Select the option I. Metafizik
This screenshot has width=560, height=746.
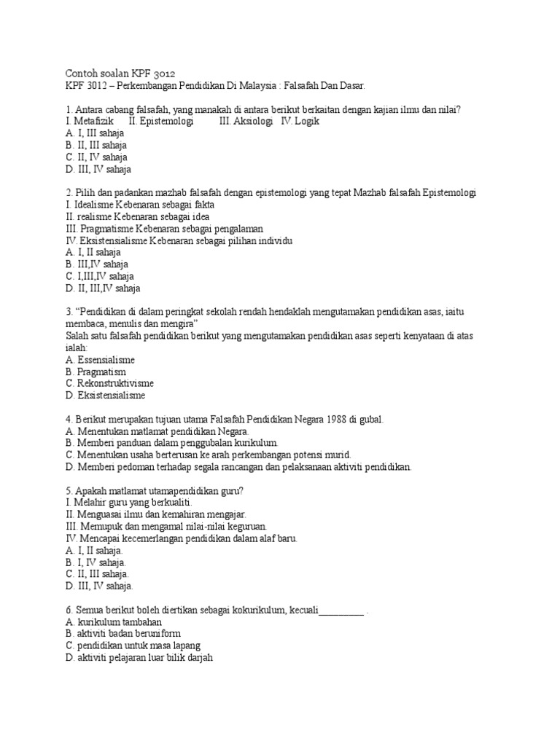pos(90,121)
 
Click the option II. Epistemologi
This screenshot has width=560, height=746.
pos(160,121)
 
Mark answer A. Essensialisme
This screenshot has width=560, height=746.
pos(100,360)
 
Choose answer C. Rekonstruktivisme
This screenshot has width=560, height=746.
pos(109,383)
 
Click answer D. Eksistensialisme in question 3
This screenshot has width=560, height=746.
pos(106,396)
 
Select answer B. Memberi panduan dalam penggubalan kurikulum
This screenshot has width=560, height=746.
pos(172,443)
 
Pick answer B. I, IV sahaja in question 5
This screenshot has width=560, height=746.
pos(96,562)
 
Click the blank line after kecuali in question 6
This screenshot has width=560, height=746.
pos(341,610)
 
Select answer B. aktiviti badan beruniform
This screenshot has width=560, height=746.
pos(122,634)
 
